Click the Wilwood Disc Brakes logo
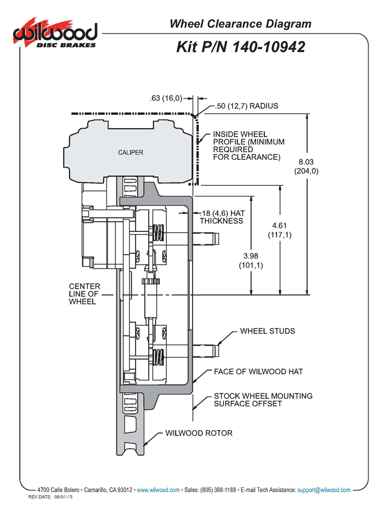point(55,33)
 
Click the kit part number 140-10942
point(269,47)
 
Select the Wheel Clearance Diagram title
point(240,24)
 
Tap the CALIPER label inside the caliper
point(130,152)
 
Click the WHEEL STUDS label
point(267,331)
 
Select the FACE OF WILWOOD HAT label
point(258,372)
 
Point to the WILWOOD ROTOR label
point(199,433)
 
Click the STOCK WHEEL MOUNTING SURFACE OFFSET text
point(263,400)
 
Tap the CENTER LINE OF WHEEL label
point(85,294)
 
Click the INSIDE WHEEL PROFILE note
point(249,145)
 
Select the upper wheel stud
point(206,238)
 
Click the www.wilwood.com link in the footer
point(158,490)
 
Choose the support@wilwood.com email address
point(324,490)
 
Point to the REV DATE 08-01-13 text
point(50,497)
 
